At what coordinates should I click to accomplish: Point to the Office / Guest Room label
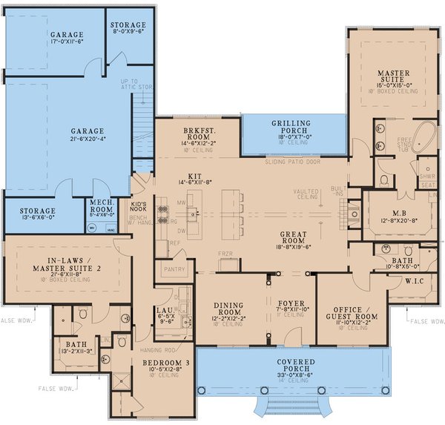(x=354, y=312)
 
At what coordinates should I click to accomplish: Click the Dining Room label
(x=228, y=309)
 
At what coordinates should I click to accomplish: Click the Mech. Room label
(x=101, y=205)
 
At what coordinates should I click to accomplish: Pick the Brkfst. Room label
(x=182, y=134)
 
